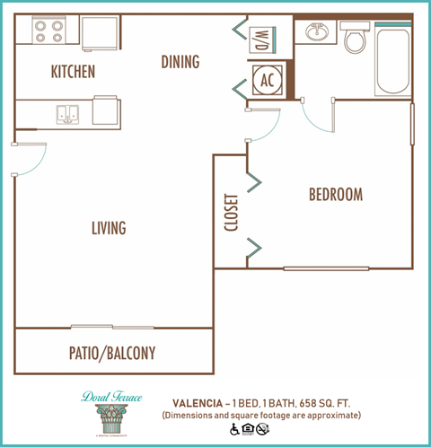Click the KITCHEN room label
[73, 72]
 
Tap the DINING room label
[180, 62]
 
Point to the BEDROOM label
[335, 195]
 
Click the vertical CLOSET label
[230, 213]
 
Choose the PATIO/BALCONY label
[112, 354]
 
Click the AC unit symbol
[266, 79]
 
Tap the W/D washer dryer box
[265, 40]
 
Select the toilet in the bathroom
[354, 39]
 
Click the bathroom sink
[316, 33]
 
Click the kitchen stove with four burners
[48, 31]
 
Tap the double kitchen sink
[68, 113]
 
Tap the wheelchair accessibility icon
[235, 429]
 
